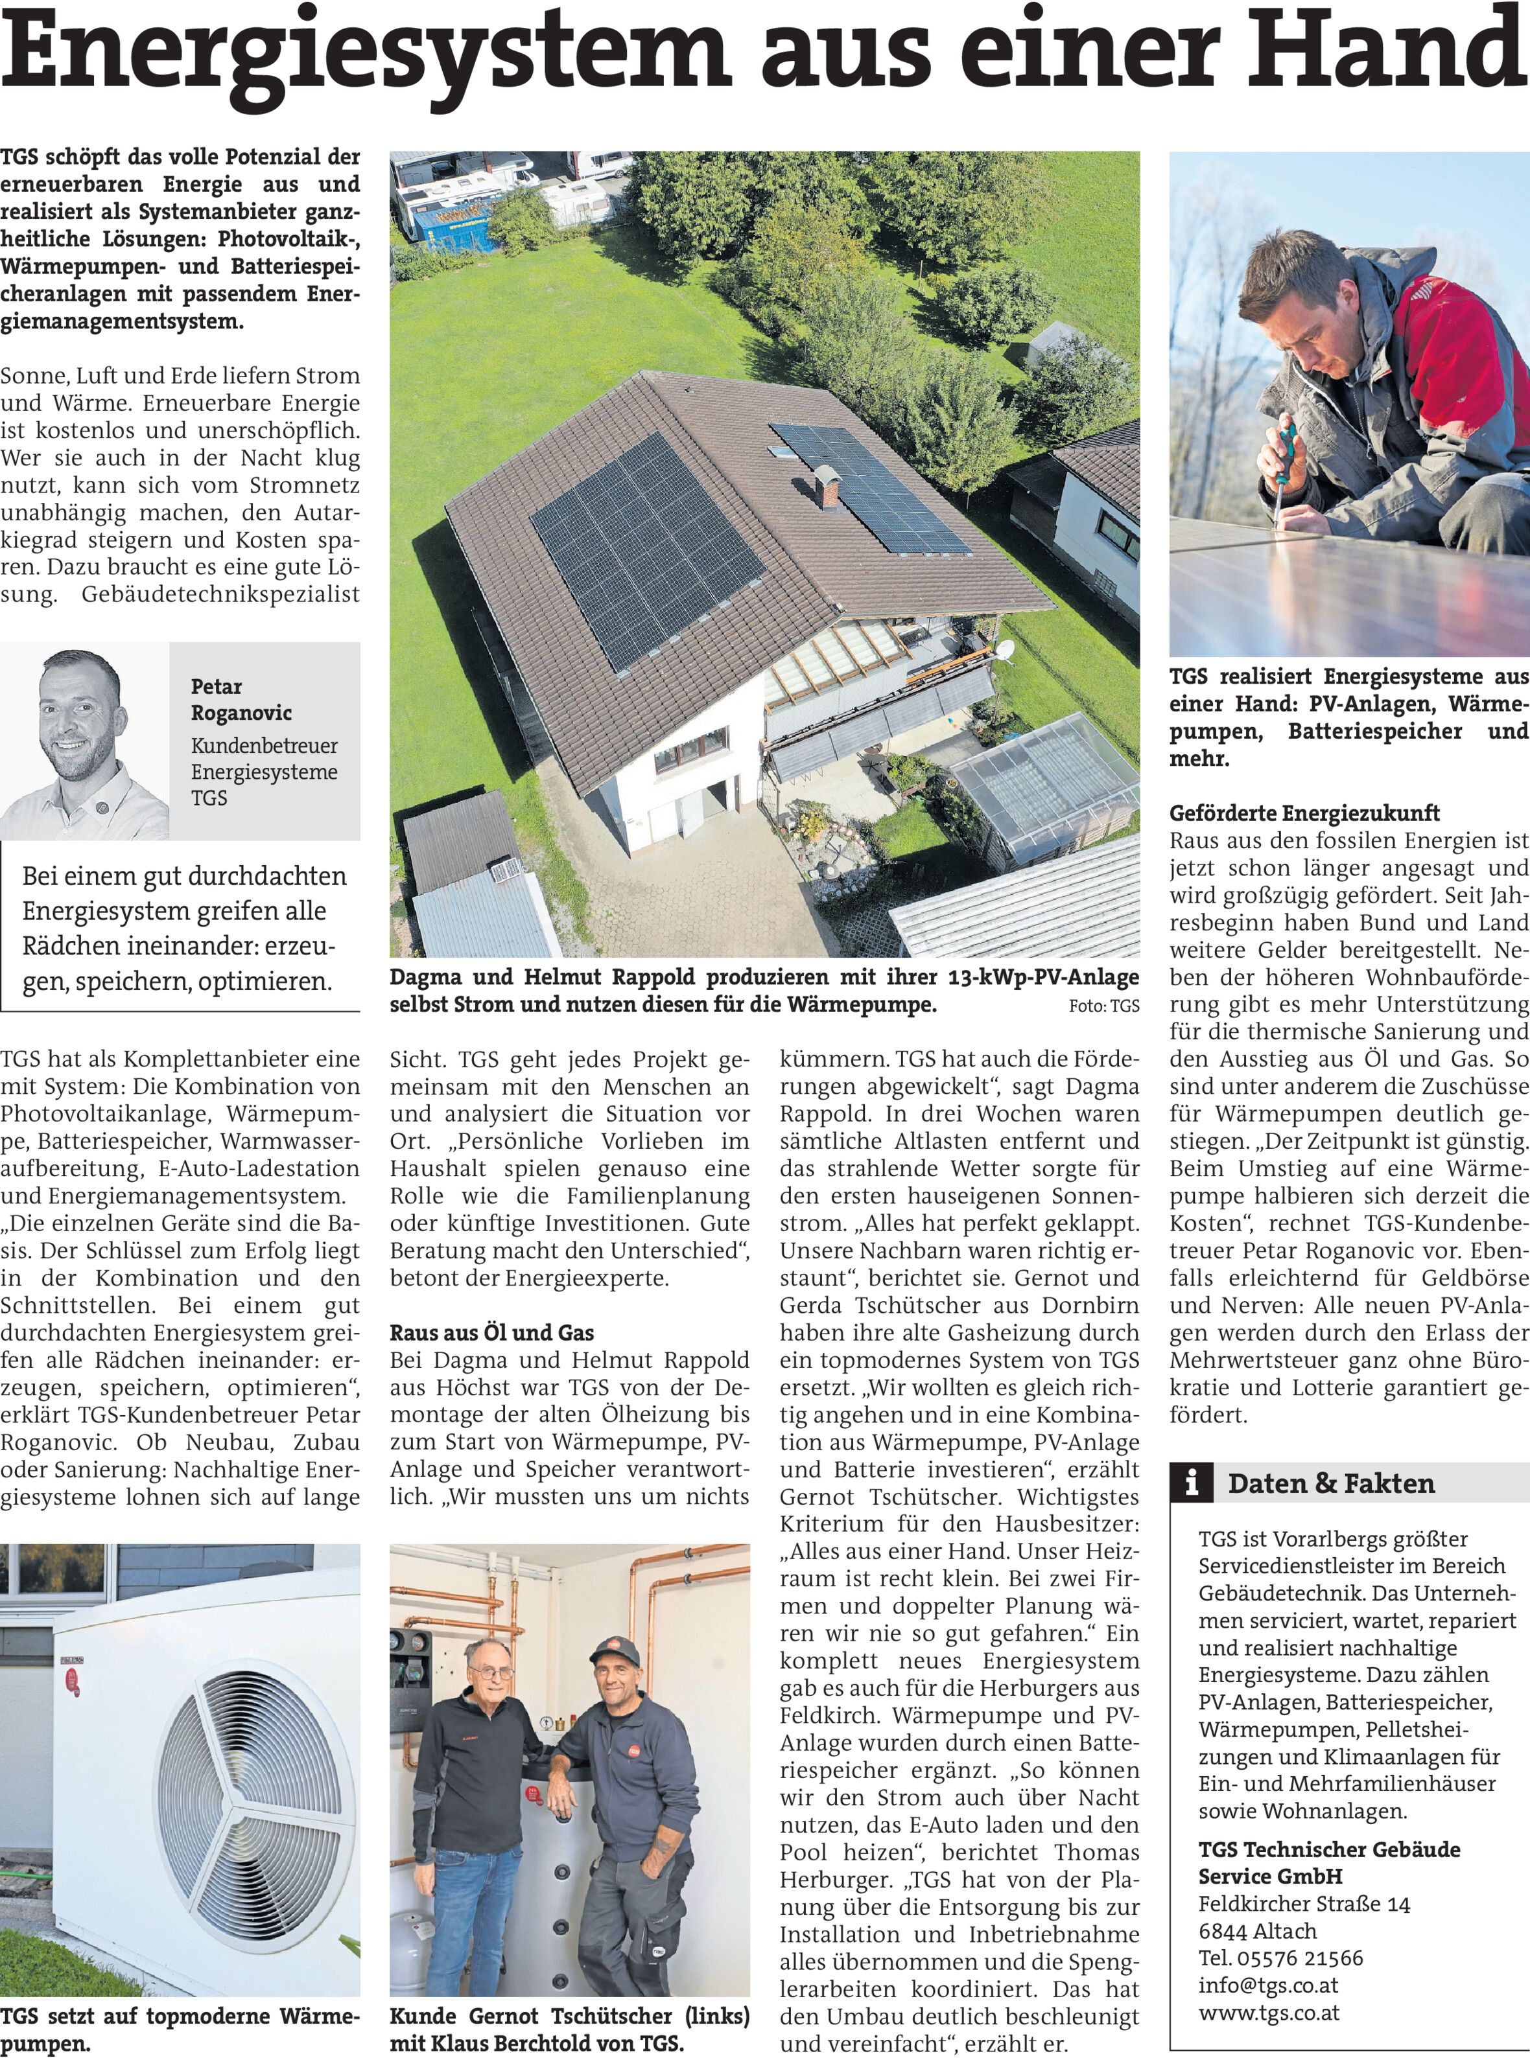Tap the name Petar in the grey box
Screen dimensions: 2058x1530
click(216, 686)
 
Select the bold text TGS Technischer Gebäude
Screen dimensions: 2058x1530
click(1329, 1850)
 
